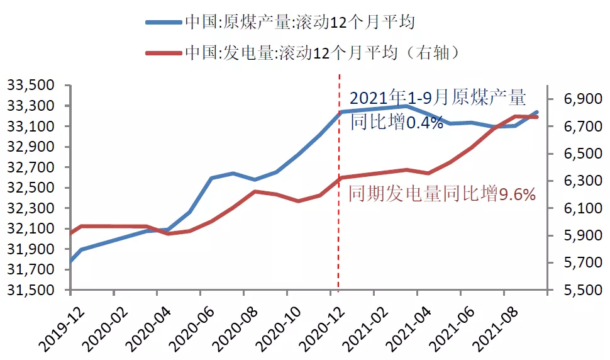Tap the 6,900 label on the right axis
coord(575,99)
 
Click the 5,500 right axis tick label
coord(575,291)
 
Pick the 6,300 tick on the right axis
coord(575,181)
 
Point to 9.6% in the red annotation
coord(517,194)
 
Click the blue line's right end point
coord(537,112)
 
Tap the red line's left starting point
coord(70,233)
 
